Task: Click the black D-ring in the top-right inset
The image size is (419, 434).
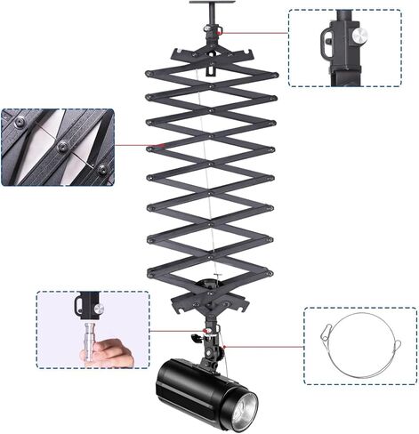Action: [329, 37]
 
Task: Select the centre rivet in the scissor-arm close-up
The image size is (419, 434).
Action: [63, 145]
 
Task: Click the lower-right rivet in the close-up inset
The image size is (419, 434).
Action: [101, 168]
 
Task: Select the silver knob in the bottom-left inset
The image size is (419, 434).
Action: [99, 308]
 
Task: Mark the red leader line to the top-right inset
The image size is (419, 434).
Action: [254, 33]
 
